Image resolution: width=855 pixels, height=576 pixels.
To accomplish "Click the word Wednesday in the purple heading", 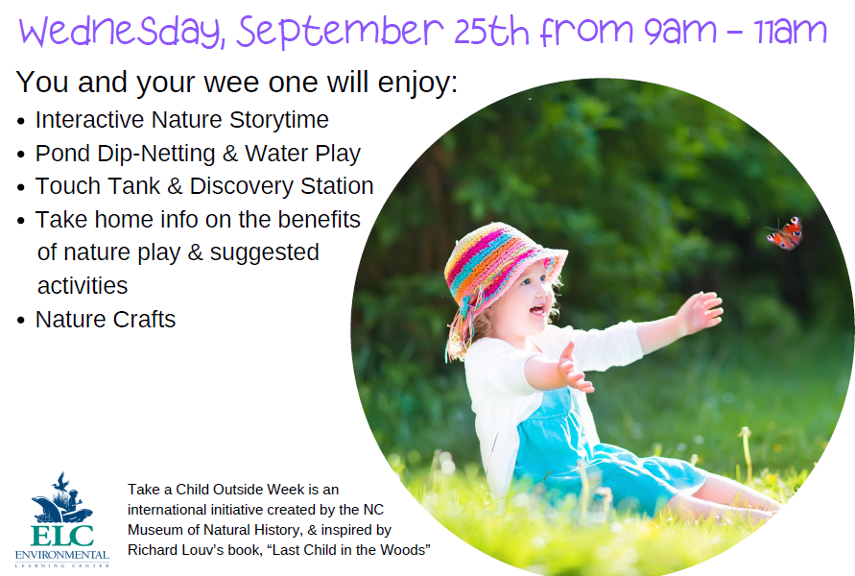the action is click(x=122, y=32).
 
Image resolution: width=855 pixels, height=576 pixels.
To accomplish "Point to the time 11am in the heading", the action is click(x=792, y=32).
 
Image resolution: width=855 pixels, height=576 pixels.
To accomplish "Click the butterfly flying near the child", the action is click(x=786, y=233).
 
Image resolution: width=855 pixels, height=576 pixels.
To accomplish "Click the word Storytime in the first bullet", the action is click(x=278, y=121).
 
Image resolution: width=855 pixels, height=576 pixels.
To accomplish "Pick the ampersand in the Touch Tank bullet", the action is click(x=175, y=186).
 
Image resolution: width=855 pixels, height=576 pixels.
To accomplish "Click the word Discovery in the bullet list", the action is click(x=242, y=187).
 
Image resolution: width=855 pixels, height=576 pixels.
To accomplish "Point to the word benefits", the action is click(x=319, y=220).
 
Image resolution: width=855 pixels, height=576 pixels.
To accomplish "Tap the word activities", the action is click(x=83, y=286).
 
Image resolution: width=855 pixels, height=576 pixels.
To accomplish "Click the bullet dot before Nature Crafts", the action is click(x=21, y=321).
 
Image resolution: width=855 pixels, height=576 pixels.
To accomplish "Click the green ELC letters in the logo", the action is click(x=62, y=536).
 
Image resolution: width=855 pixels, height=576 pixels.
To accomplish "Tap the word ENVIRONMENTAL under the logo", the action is click(x=62, y=555).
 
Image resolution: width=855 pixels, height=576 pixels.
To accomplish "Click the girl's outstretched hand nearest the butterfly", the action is click(x=701, y=312).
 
